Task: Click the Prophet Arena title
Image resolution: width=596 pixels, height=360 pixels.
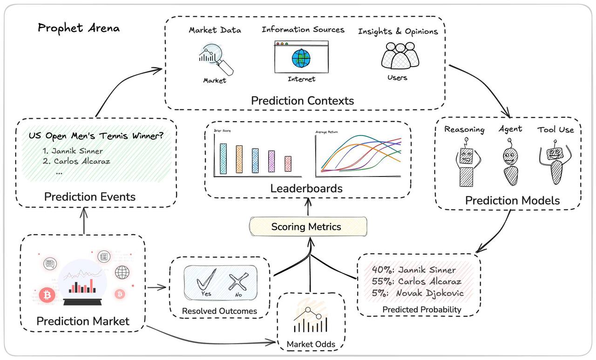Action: point(78,28)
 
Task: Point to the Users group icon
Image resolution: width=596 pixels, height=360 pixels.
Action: point(400,56)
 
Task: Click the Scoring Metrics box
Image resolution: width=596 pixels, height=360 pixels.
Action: point(306,227)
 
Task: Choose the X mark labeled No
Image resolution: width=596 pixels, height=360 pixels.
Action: point(237,282)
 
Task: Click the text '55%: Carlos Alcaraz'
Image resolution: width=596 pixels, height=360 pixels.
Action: point(417,281)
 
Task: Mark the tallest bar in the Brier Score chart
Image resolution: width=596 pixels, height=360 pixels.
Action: point(223,159)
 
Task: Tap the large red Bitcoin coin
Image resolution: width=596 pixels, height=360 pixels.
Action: point(47,295)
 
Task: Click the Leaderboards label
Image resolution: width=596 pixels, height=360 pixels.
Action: point(306,189)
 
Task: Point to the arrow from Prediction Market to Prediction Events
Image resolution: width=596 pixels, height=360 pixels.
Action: point(84,220)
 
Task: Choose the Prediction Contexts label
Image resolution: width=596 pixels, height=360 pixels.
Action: point(303,101)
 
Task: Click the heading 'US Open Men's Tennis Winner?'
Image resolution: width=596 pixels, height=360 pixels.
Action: point(96,136)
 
